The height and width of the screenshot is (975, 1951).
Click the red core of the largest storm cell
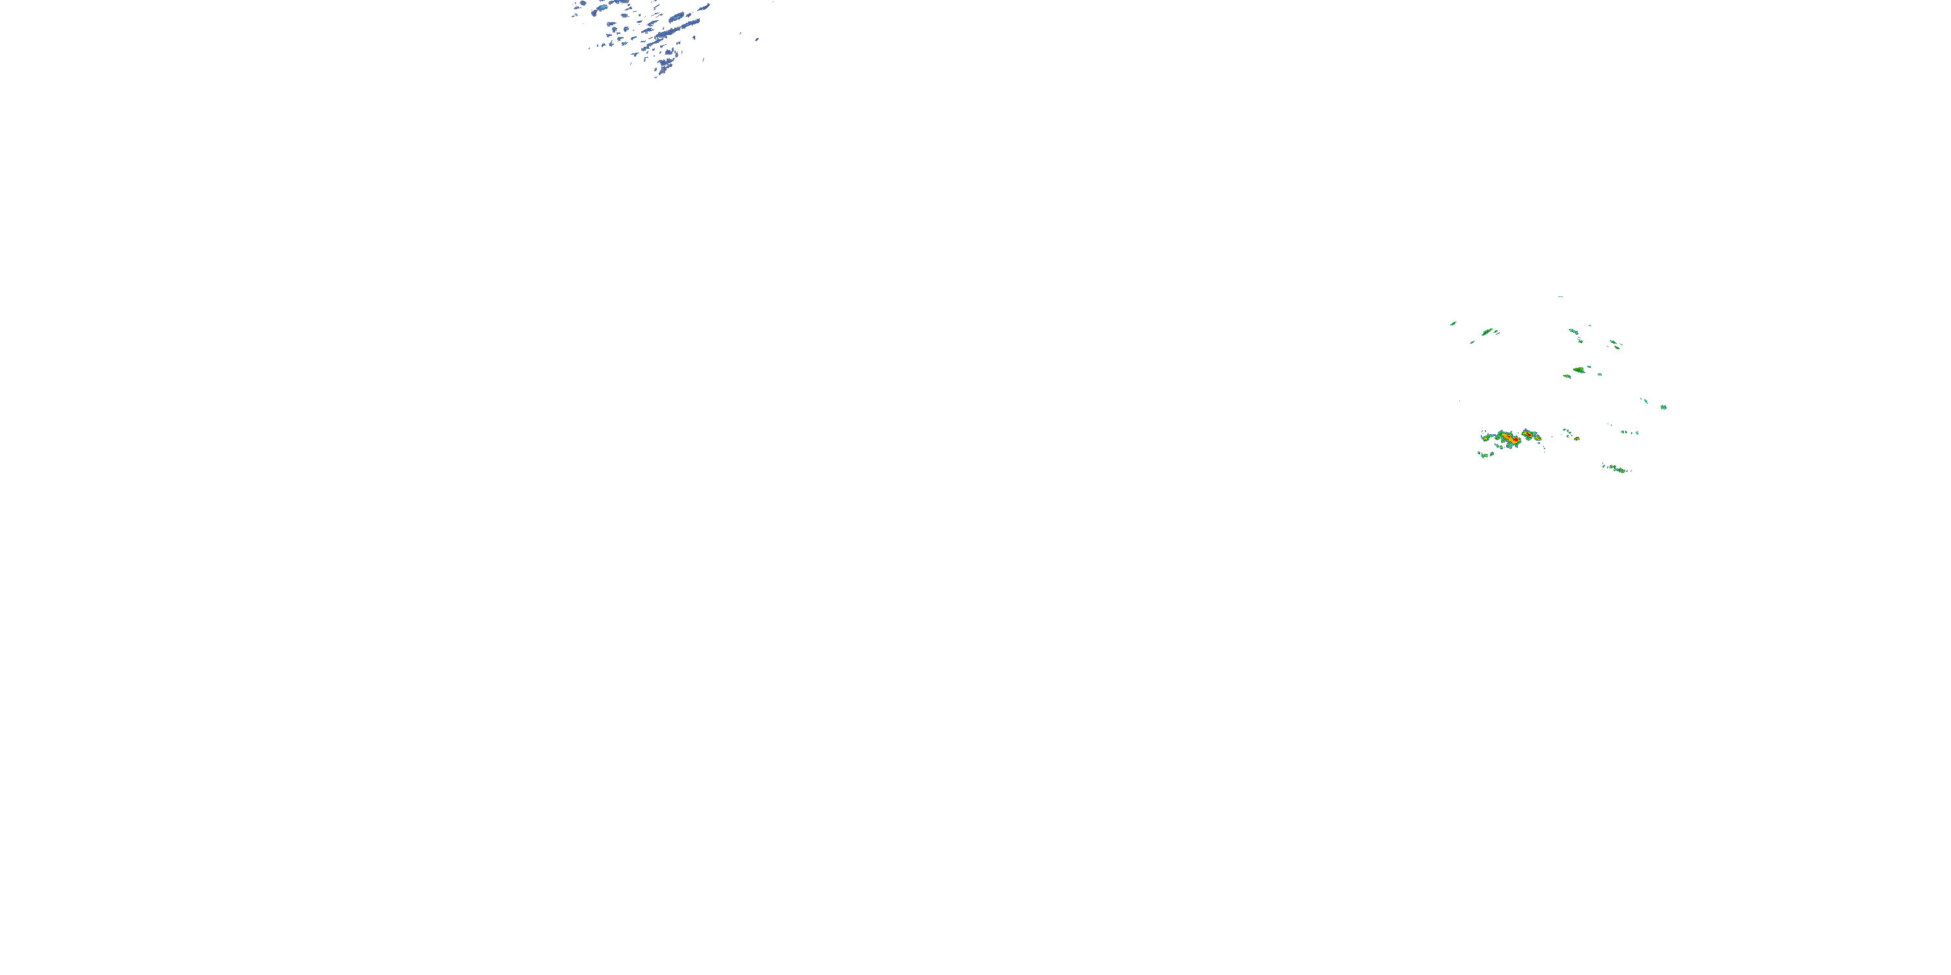click(x=1511, y=438)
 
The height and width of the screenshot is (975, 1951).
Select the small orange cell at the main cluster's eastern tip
click(x=1537, y=438)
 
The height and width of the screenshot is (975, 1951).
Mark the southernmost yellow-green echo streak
click(x=1617, y=469)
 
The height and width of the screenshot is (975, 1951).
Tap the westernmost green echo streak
click(x=1453, y=323)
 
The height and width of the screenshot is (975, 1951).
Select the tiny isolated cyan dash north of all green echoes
click(x=1560, y=297)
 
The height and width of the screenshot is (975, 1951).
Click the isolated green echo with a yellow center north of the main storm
click(x=1578, y=370)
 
